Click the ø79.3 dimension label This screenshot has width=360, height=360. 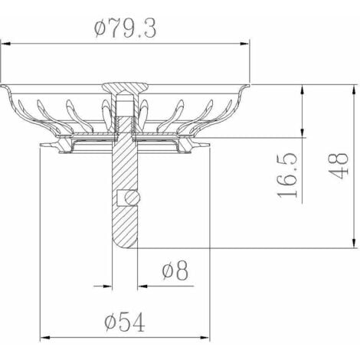click(125, 28)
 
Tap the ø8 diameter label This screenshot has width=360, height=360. click(175, 270)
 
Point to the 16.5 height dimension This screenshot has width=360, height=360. click(287, 175)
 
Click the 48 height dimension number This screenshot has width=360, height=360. click(339, 166)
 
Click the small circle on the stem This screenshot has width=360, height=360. click(133, 198)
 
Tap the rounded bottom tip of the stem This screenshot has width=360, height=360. click(125, 244)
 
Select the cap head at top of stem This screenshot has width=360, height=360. click(125, 87)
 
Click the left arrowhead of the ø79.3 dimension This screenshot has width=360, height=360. click(5, 44)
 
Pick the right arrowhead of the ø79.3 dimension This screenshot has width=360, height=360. click(244, 44)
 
